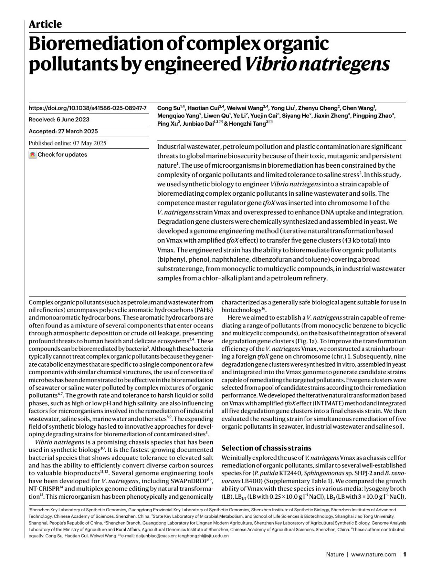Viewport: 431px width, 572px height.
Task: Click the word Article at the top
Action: click(45, 24)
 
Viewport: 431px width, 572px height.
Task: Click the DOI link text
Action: click(88, 108)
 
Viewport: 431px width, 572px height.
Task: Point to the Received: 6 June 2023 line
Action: click(59, 120)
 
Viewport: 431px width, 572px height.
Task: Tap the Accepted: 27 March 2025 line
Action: click(63, 131)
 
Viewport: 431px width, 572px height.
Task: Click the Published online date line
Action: click(68, 143)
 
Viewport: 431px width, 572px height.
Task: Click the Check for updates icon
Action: click(33, 155)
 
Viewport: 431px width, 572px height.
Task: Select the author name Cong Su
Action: click(168, 108)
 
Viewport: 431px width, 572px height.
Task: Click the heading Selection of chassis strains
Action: click(266, 448)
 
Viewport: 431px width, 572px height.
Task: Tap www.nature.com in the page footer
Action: click(374, 554)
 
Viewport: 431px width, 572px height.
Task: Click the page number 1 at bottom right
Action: click(404, 554)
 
